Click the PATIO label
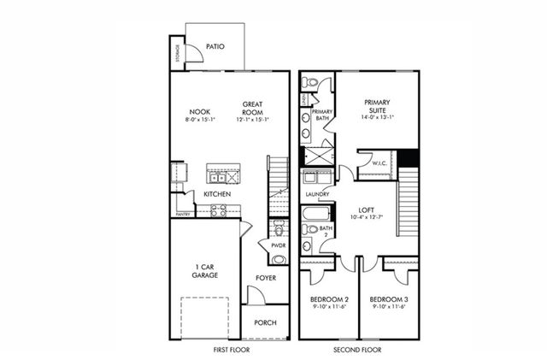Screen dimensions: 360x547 (215, 47)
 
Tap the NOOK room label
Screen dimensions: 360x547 (200, 111)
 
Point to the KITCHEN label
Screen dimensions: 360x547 (216, 194)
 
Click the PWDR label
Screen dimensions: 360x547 (278, 245)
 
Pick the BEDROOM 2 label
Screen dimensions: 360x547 (329, 299)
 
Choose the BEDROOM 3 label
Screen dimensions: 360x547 (389, 299)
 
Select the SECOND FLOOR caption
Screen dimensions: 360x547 (359, 350)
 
